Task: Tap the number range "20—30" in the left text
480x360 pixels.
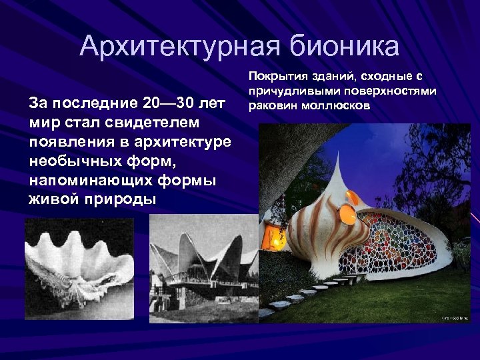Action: click(x=171, y=105)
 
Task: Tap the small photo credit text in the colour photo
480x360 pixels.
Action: click(x=454, y=318)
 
